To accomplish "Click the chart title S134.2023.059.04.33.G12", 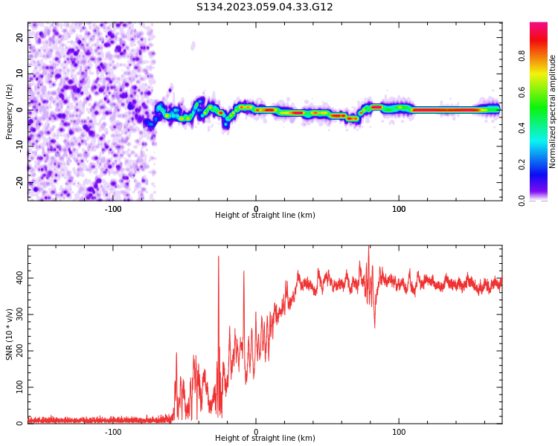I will pyautogui.click(x=265, y=7).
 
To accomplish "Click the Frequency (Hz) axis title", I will pyautogui.click(x=10, y=111).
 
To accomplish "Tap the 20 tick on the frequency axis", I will pyautogui.click(x=20, y=38).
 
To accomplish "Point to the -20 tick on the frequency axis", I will pyautogui.click(x=20, y=182).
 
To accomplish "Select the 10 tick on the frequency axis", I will pyautogui.click(x=20, y=74).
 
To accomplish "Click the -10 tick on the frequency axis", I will pyautogui.click(x=20, y=146).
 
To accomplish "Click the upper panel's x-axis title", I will pyautogui.click(x=265, y=216).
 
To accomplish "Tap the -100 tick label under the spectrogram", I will pyautogui.click(x=112, y=209).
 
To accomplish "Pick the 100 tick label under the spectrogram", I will pyautogui.click(x=399, y=209).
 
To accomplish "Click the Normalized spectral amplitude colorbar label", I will pyautogui.click(x=553, y=111).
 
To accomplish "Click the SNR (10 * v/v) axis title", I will pyautogui.click(x=10, y=334).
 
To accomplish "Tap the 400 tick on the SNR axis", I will pyautogui.click(x=18, y=278).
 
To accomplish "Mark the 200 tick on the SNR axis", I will pyautogui.click(x=18, y=351).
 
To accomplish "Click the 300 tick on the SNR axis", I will pyautogui.click(x=18, y=314).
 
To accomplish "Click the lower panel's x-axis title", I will pyautogui.click(x=265, y=439).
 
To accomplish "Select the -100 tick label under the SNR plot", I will pyautogui.click(x=112, y=432).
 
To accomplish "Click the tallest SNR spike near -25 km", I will pyautogui.click(x=218, y=257).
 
